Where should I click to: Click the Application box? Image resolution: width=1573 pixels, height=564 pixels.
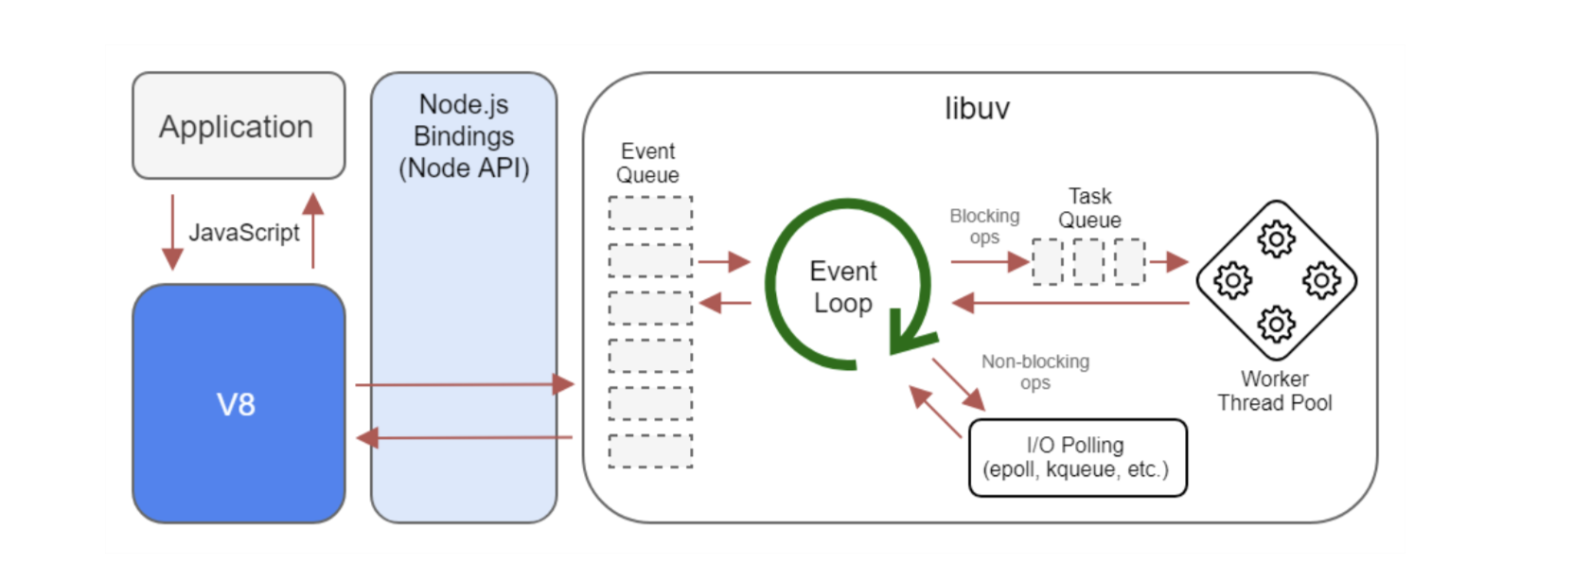point(239,126)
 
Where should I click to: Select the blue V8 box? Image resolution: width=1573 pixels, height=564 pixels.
point(239,404)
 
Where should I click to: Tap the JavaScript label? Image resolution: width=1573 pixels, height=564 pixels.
point(243,233)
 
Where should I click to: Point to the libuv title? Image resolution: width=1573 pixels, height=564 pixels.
point(977,109)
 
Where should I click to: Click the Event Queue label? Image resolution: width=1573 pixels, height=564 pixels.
point(647,163)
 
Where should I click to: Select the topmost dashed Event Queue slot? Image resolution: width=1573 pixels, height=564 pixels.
point(650,213)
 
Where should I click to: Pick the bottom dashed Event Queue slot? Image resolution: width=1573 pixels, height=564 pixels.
point(650,451)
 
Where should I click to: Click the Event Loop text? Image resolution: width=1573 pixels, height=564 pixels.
point(842,288)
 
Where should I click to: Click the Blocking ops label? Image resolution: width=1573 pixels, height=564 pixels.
point(984,226)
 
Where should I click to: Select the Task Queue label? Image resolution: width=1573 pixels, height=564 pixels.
point(1090,208)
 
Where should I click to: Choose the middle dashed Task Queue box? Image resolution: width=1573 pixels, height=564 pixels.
point(1088,262)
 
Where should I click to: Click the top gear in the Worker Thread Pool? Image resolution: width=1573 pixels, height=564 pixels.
point(1276,239)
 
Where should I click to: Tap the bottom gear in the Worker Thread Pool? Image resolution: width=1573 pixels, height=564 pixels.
point(1276,324)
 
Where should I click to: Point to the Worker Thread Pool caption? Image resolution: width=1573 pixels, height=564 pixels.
point(1275,391)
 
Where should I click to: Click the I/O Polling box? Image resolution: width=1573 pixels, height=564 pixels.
point(1078,458)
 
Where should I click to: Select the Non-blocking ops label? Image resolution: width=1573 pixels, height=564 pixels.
point(1035,372)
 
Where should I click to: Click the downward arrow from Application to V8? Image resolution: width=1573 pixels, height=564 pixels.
point(172,233)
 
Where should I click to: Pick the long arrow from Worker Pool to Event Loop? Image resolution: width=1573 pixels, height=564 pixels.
point(1070,303)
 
